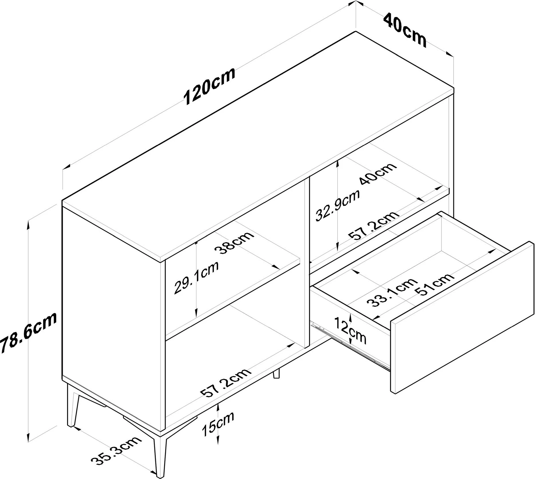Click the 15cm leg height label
218,424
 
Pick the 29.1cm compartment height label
196,277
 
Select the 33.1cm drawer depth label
391,292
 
